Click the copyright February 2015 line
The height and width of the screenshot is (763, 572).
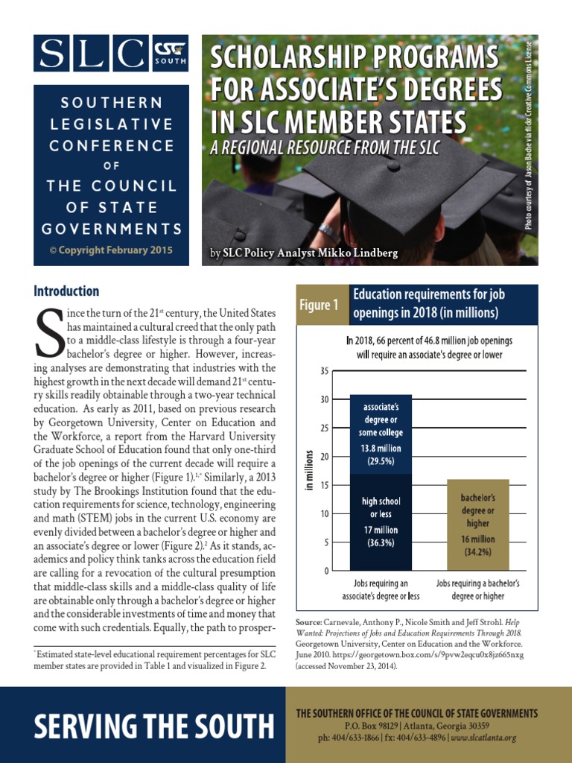pyautogui.click(x=111, y=250)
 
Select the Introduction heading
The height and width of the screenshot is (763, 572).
pyautogui.click(x=66, y=291)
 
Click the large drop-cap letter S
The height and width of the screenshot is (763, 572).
pyautogui.click(x=48, y=332)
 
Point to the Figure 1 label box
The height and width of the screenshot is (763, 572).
pyautogui.click(x=321, y=305)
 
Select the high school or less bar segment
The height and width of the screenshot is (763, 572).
pyautogui.click(x=381, y=522)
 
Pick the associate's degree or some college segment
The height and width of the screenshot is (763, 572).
pyautogui.click(x=381, y=434)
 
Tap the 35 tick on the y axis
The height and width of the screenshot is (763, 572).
pyautogui.click(x=323, y=371)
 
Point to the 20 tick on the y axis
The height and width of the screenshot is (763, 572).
pyautogui.click(x=323, y=456)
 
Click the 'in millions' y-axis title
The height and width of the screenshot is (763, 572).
pyautogui.click(x=308, y=470)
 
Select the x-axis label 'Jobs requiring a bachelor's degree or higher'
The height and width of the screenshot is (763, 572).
pyautogui.click(x=477, y=589)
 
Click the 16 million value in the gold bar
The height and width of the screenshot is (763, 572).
pyautogui.click(x=477, y=538)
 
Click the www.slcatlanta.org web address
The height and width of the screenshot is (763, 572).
pyautogui.click(x=483, y=738)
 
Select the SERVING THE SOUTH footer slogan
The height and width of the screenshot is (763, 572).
pyautogui.click(x=143, y=725)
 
